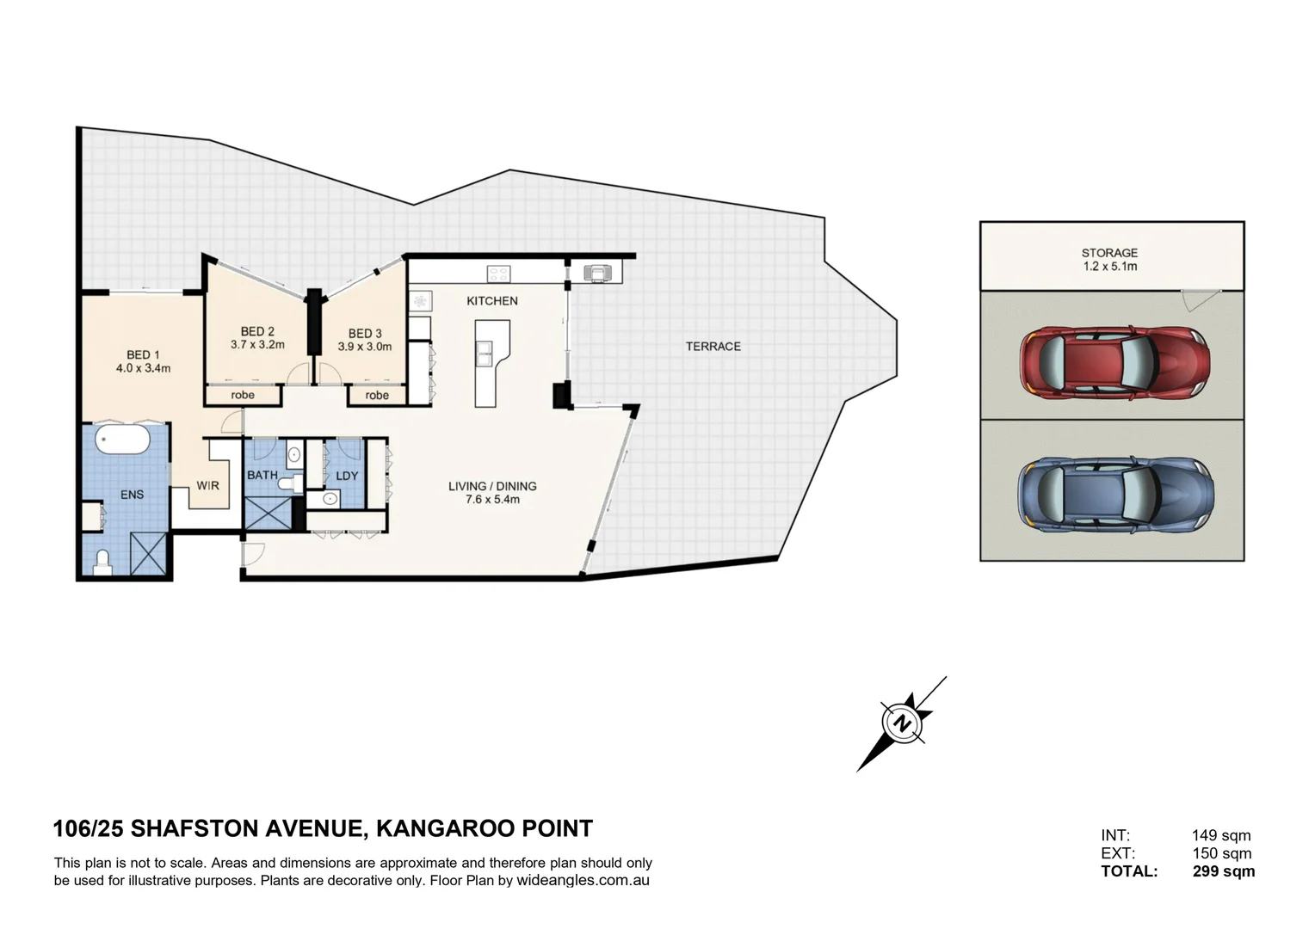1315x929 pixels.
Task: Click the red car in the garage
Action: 1114,363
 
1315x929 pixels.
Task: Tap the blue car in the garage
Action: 1115,495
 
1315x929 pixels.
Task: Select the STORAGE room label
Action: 1109,253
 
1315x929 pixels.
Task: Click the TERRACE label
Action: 713,347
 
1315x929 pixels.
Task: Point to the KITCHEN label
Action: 492,301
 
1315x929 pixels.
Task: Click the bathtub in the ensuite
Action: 123,440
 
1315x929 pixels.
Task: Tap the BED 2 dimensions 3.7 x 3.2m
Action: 257,345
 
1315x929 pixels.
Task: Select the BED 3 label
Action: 365,334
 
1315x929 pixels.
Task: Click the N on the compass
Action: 901,723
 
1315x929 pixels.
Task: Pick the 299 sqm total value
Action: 1224,871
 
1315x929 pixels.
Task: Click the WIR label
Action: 207,486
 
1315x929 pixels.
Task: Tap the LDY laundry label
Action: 347,476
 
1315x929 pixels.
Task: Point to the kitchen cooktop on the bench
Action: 498,274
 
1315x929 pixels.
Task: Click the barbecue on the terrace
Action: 597,274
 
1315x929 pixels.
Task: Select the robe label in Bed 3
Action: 377,396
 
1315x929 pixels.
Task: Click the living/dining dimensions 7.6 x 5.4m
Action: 492,500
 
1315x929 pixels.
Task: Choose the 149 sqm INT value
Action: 1221,835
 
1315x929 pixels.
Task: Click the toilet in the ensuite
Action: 102,563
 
